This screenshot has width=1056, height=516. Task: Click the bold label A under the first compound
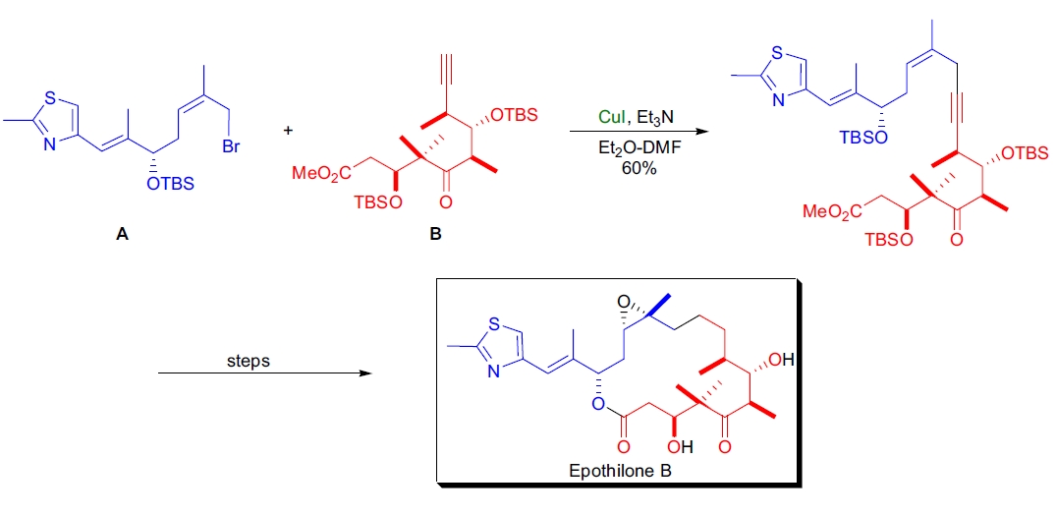122,235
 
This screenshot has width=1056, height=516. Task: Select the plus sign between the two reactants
288,129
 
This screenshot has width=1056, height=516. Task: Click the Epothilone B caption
621,472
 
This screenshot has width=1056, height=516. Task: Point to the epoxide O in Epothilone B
621,297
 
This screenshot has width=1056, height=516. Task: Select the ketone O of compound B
446,202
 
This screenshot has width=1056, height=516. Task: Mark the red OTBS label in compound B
514,115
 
